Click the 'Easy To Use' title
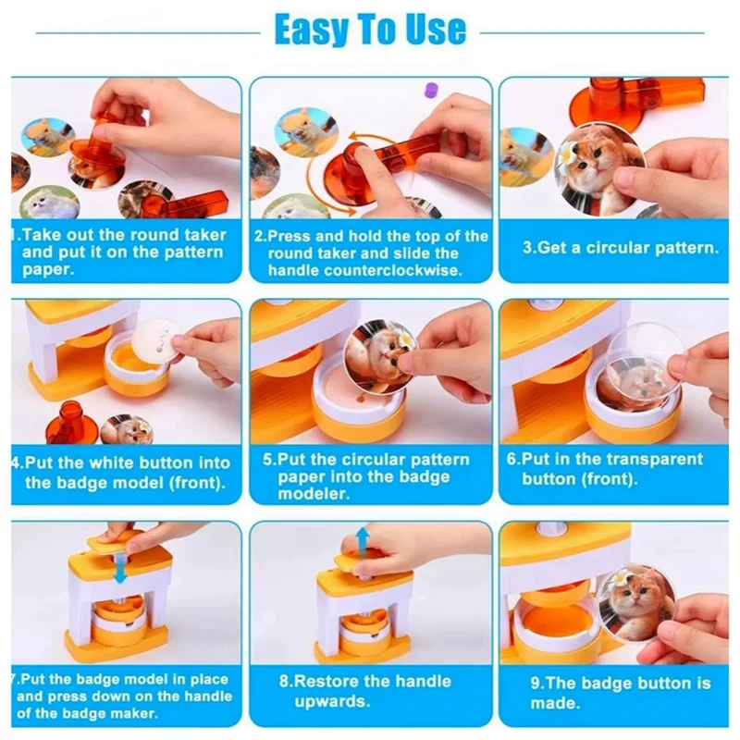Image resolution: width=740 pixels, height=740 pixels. coord(370,30)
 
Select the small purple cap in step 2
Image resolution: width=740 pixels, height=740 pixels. coord(429,90)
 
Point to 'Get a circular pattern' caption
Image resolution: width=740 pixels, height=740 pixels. coord(620,248)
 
